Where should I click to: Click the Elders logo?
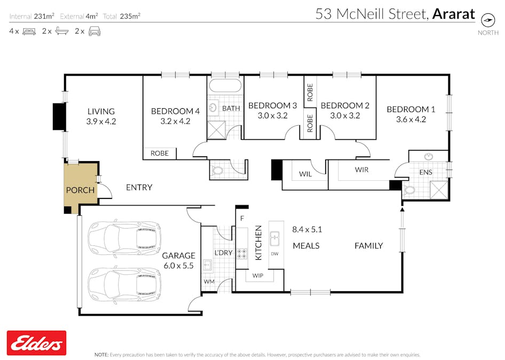(x=36, y=343)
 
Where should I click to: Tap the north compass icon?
(x=488, y=20)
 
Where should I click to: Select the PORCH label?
(x=80, y=190)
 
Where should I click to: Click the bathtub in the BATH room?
(x=225, y=86)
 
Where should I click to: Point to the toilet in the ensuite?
(x=409, y=190)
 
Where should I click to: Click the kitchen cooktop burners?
(x=241, y=253)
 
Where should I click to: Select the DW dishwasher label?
(x=274, y=253)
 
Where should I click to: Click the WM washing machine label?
(x=208, y=281)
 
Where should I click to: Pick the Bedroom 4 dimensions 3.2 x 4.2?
(x=175, y=121)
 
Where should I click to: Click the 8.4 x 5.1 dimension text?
(x=307, y=229)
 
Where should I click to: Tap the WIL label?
(x=305, y=174)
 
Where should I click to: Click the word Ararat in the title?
(x=453, y=14)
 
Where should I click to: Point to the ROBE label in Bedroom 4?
(x=159, y=153)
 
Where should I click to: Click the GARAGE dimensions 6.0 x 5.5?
(x=178, y=265)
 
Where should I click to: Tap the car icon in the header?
(x=94, y=31)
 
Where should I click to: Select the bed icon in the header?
(x=29, y=31)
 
